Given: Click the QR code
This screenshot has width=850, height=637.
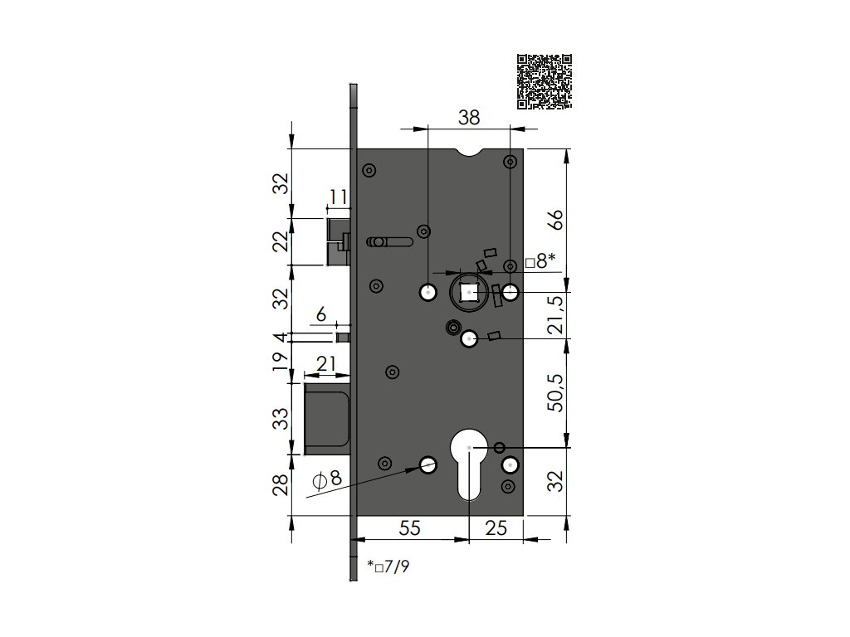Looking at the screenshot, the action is coord(545,82).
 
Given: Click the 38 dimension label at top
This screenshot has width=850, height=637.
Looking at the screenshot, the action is coord(469,118).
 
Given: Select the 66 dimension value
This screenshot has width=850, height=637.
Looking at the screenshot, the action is coord(557,219).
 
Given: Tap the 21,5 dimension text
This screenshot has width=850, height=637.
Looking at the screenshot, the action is coord(557,315).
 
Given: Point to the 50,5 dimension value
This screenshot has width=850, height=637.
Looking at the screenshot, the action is coord(557,392).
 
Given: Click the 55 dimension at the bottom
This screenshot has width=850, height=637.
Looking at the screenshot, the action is coord(409,528).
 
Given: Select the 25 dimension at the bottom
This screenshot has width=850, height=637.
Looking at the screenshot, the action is coord(496,528).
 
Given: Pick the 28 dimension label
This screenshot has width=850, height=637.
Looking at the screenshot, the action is coord(281,484).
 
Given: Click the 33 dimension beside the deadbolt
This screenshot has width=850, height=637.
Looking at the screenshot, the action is coord(281,419).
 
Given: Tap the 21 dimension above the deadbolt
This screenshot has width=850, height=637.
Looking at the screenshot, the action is coord(325,363).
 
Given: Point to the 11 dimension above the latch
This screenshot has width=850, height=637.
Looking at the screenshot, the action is coord(339,197).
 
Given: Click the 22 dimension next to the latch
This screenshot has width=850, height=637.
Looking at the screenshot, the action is coord(281,241).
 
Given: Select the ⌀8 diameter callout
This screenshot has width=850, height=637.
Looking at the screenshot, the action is coord(328,479).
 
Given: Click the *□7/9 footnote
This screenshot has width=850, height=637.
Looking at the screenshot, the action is coord(388,567).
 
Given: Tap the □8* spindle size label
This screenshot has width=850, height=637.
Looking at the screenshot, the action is coord(540,262).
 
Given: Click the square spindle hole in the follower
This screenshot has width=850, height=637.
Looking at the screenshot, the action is coord(469,293).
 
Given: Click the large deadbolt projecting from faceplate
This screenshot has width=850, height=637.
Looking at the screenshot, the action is coord(326,419).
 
